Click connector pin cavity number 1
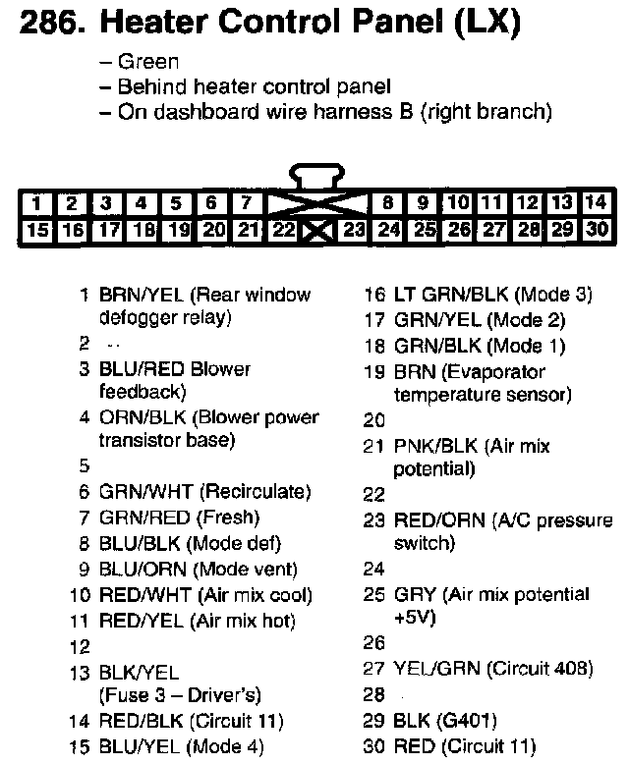point(36,204)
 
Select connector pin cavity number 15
point(36,232)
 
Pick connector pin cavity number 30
point(596,232)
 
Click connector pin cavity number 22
point(284,232)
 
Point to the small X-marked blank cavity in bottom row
point(315,233)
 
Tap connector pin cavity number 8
point(388,204)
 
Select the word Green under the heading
point(147,63)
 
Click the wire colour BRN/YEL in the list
point(143,295)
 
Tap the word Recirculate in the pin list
point(256,491)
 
